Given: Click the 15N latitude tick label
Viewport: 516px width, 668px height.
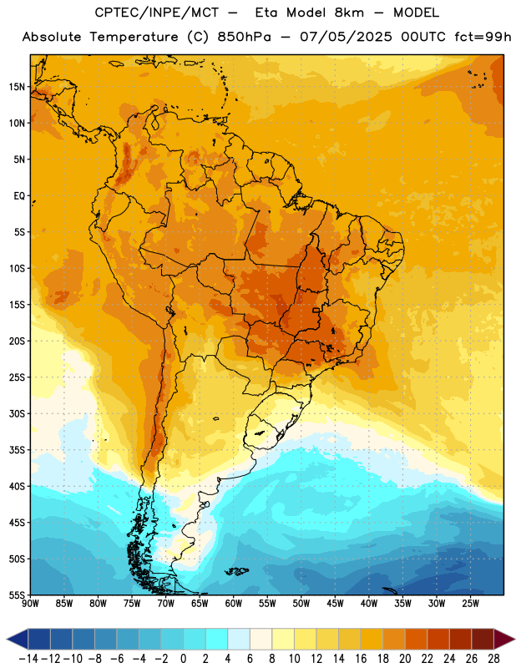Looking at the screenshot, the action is coord(17,87).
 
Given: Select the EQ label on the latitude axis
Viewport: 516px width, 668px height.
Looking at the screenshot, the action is coord(19,196).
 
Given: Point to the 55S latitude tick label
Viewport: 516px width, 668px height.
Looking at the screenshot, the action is coord(17,595).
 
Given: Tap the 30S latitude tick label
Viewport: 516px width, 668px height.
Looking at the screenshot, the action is coord(17,413).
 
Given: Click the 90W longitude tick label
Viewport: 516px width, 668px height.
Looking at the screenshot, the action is coord(30,603).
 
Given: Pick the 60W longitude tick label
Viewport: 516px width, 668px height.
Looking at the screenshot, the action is coord(234,603).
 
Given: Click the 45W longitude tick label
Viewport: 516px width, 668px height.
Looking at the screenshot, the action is coord(335,603).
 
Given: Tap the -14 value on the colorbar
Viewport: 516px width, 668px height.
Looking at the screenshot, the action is coord(28,659).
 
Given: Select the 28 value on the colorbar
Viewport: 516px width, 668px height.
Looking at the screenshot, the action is coord(493,659).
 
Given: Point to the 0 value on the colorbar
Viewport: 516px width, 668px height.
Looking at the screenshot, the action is coord(183,659).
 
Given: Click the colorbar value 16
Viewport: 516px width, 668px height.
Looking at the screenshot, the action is coord(361,659).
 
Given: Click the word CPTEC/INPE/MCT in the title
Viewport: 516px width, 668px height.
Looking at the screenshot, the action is coord(157,13).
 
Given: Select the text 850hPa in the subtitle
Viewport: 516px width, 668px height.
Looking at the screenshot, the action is coord(244,37).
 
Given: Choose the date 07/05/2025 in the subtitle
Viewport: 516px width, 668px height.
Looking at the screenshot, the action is coord(346,37).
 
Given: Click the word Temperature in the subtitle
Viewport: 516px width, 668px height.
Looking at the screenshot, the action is coord(134,37).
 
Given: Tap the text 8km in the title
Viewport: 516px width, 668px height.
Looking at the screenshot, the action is coord(349,13).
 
